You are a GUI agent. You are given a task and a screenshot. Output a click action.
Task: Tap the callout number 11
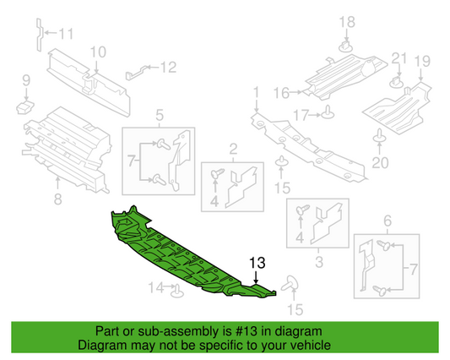pyautogui.click(x=66, y=35)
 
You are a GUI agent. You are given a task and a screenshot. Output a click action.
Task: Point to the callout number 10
pyautogui.click(x=98, y=52)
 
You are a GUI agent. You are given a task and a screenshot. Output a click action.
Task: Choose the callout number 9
pyautogui.click(x=25, y=80)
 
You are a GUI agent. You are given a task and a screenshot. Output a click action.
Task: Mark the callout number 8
pyautogui.click(x=57, y=199)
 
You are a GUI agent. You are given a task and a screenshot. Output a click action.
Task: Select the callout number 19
pyautogui.click(x=422, y=60)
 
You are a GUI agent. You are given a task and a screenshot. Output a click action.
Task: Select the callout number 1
pyautogui.click(x=255, y=90)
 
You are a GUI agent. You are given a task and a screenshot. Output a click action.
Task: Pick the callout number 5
pyautogui.click(x=159, y=115)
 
